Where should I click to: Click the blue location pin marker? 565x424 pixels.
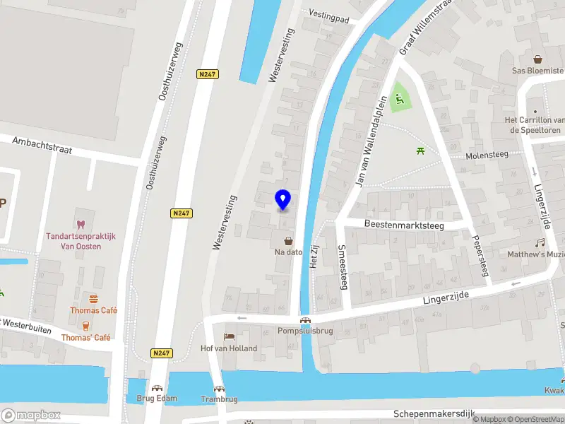[x=283, y=200]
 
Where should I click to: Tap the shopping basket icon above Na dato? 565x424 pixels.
[x=288, y=241]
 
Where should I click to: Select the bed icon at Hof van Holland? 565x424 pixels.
[x=228, y=337]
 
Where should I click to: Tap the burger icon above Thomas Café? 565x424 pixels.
[x=93, y=299]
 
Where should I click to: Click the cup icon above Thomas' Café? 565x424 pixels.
[x=85, y=326]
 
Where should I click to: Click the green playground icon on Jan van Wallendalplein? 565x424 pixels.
[x=399, y=100]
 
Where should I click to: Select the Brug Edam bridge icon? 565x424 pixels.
[x=157, y=388]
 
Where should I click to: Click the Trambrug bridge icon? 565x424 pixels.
[x=219, y=389]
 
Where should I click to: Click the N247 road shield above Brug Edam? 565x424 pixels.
[x=160, y=352]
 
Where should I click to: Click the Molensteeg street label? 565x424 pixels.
[x=487, y=155]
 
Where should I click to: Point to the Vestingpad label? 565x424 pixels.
[x=329, y=17]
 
